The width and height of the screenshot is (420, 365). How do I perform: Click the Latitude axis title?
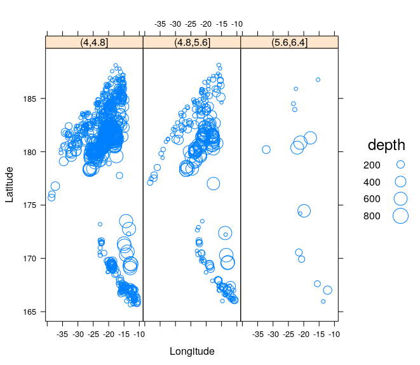coord(9,184)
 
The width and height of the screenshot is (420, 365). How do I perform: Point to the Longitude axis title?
coord(192,351)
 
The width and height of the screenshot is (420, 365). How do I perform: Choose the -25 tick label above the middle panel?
coord(191,24)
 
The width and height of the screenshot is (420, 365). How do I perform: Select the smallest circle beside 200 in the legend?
coord(400,164)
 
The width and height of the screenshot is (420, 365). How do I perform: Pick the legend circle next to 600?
coord(400,198)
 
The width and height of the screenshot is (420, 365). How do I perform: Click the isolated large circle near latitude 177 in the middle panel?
coord(213,184)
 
